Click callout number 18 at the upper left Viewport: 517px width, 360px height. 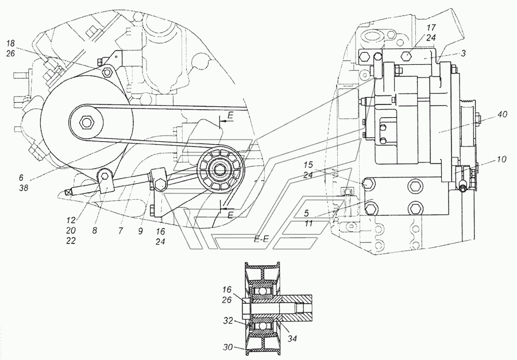point(10,44)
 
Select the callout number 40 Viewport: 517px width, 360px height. point(503,114)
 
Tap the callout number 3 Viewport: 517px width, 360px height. point(463,53)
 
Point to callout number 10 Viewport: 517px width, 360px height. point(501,160)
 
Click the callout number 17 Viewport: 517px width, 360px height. point(431,28)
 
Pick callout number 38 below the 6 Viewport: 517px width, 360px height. point(24,188)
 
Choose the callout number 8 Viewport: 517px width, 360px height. point(95,230)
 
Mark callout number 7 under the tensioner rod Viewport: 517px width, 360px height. point(121,230)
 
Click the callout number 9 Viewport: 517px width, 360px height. point(141,231)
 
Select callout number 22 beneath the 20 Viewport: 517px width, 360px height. point(71,241)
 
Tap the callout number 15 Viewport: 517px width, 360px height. point(308,165)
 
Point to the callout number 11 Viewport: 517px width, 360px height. point(308,223)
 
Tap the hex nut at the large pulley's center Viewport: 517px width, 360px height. point(86,122)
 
